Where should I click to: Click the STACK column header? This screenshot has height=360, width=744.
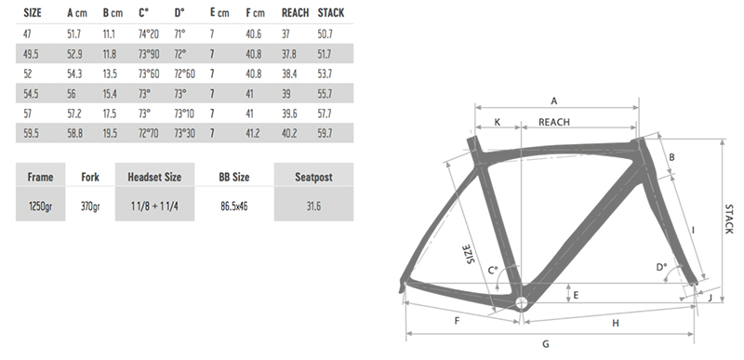331,13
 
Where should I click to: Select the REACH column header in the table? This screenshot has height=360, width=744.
295,13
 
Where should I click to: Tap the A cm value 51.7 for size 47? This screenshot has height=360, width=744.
73,34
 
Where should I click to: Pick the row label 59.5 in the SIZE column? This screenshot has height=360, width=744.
31,134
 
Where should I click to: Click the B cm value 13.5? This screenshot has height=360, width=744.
110,74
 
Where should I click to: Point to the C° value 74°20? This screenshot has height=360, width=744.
149,34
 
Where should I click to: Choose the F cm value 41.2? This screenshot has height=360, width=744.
253,134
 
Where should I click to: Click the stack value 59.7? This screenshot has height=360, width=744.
325,134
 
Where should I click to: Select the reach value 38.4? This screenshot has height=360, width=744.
288,74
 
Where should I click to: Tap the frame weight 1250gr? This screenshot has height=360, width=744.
40,207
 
